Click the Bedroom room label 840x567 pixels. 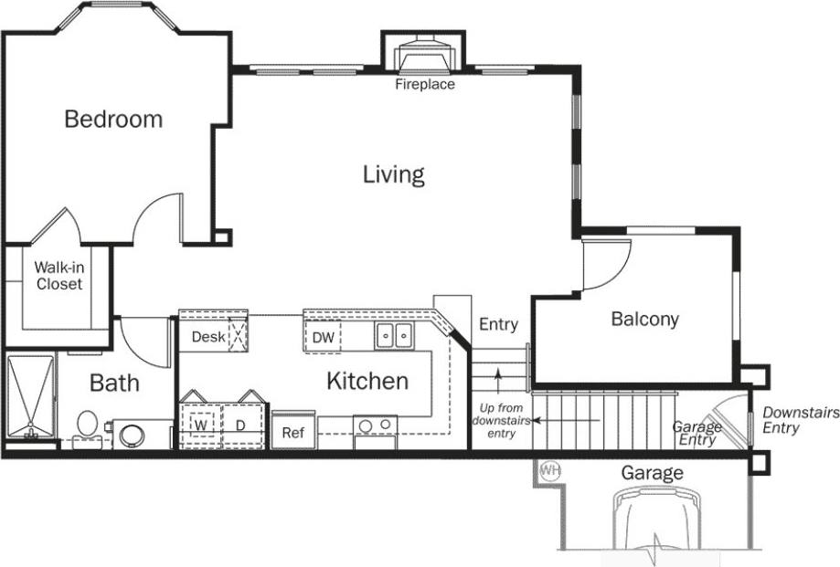113,119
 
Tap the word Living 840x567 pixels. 394,173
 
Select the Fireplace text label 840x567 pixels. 424,85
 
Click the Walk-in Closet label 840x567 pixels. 58,276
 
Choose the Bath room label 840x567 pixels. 114,382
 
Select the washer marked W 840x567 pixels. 199,425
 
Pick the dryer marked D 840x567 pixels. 241,425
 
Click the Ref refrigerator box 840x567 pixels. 293,432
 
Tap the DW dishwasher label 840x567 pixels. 324,338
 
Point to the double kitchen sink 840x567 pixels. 395,336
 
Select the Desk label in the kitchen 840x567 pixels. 208,337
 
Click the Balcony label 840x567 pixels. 644,319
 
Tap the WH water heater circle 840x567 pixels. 549,471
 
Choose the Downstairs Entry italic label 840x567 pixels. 793,420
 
